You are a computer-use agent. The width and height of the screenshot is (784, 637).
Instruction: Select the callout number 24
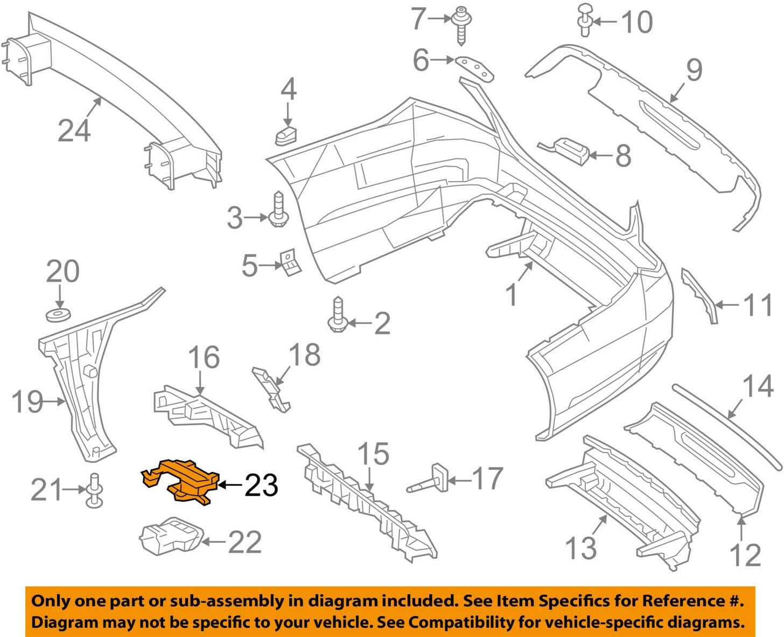[x=74, y=131]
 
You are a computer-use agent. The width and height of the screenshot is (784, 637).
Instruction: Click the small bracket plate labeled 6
[x=474, y=68]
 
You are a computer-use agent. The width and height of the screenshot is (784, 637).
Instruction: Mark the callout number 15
[x=373, y=454]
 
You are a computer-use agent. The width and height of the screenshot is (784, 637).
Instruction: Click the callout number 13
[x=581, y=548]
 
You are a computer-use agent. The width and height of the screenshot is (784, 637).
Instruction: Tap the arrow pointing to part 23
[x=230, y=485]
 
